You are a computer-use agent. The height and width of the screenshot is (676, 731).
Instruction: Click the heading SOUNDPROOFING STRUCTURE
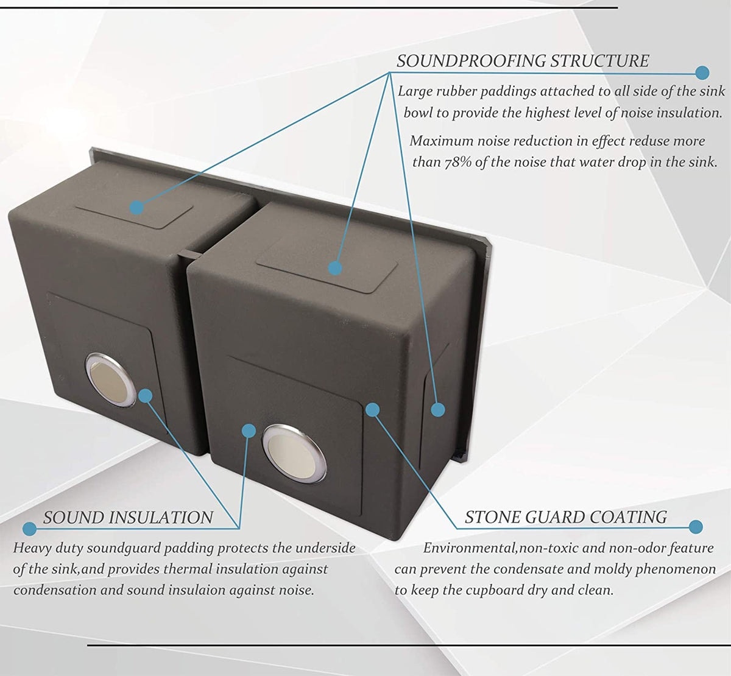pyautogui.click(x=523, y=61)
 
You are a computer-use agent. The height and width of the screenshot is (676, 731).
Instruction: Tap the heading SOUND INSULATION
pyautogui.click(x=128, y=518)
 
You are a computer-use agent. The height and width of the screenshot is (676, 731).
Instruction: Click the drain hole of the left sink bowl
pyautogui.click(x=111, y=380)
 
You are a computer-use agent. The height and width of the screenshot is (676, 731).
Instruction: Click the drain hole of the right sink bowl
pyautogui.click(x=294, y=453)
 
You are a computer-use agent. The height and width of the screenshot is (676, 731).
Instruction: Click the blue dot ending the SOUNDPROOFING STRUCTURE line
pyautogui.click(x=702, y=73)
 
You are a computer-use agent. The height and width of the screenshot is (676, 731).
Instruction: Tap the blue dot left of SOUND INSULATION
pyautogui.click(x=29, y=529)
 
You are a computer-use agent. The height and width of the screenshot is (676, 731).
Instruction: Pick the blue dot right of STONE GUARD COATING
pyautogui.click(x=695, y=527)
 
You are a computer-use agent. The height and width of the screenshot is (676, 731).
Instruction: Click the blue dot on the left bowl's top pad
pyautogui.click(x=136, y=208)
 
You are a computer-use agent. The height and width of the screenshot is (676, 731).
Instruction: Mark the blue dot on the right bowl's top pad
pyautogui.click(x=334, y=268)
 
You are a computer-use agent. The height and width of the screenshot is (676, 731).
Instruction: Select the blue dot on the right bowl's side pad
pyautogui.click(x=437, y=410)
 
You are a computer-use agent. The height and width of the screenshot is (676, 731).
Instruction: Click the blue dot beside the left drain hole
pyautogui.click(x=146, y=396)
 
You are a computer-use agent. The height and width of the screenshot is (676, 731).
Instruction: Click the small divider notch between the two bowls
pyautogui.click(x=189, y=254)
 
